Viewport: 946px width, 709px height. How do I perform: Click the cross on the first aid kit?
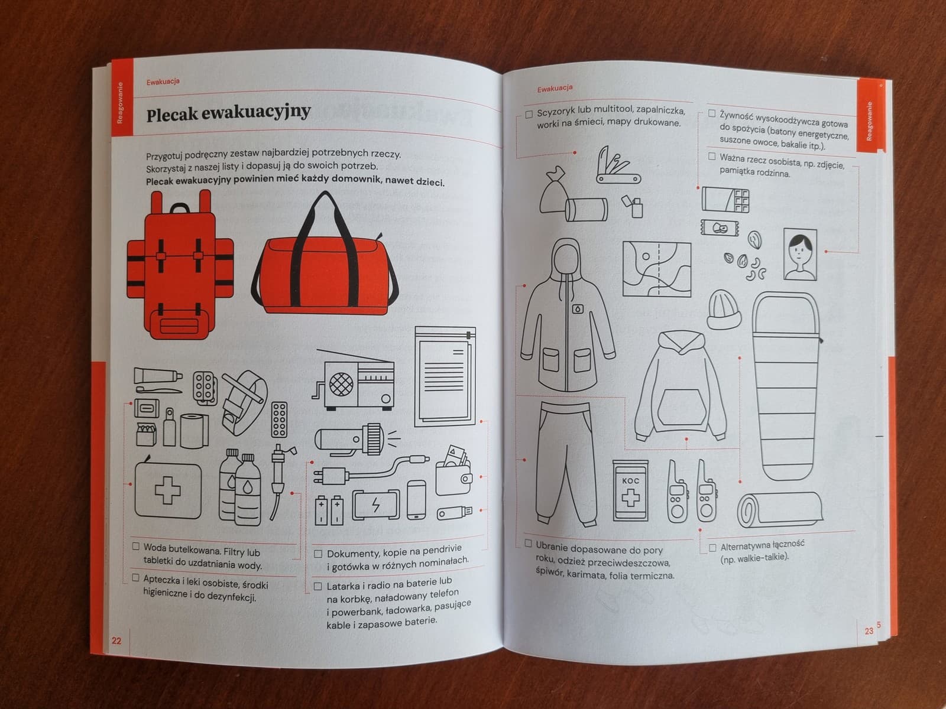(168, 490)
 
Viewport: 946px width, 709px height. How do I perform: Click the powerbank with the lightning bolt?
(376, 505)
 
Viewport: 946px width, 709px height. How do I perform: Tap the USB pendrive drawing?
(454, 512)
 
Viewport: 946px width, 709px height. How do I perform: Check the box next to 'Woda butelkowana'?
(136, 547)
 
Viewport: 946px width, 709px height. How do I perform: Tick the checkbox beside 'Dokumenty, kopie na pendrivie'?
(318, 554)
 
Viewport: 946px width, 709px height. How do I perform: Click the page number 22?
(116, 640)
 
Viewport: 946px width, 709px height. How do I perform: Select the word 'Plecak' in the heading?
(172, 115)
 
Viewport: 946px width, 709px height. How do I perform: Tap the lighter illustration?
(633, 206)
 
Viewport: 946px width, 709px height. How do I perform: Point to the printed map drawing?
(657, 269)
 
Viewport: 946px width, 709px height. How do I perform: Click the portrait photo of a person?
(800, 255)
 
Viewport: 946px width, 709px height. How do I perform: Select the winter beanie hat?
(724, 310)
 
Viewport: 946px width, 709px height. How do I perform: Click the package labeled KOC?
(630, 491)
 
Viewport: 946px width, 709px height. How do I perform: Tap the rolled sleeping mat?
(780, 510)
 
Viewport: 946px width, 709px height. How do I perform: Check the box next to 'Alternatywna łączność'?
(712, 548)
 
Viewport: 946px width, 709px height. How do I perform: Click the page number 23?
(869, 630)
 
